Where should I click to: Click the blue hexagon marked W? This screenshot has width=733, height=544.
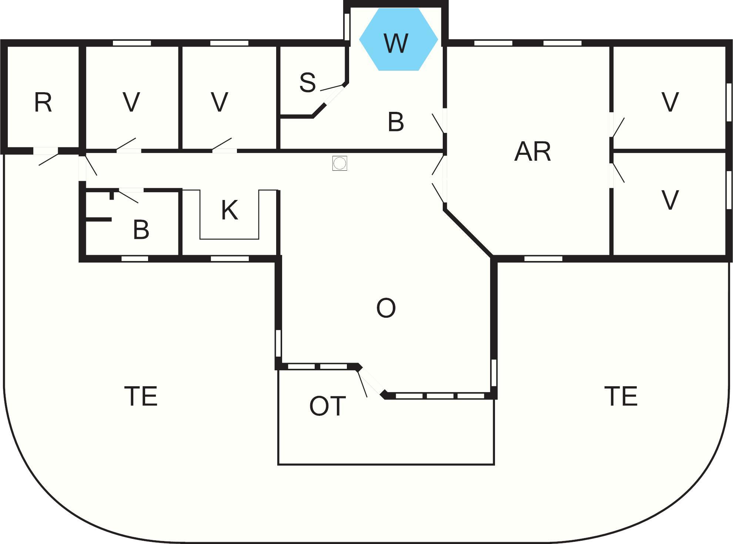[399, 39]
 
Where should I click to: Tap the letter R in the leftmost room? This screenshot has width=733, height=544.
[43, 102]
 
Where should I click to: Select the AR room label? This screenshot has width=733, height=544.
[533, 151]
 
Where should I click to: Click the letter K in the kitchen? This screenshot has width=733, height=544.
[230, 210]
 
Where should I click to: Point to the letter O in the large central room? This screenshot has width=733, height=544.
[386, 308]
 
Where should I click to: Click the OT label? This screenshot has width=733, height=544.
[328, 406]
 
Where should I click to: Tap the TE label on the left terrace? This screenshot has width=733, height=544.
[141, 396]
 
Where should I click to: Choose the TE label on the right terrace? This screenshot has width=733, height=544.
[621, 396]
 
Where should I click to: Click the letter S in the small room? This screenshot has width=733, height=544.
[308, 82]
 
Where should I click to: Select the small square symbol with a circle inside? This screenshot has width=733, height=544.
[339, 163]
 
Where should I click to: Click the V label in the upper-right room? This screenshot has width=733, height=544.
[670, 102]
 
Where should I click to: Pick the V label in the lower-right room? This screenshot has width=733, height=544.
[670, 200]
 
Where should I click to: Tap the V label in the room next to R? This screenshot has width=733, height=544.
[131, 102]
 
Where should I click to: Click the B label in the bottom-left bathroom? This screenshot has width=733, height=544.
[141, 230]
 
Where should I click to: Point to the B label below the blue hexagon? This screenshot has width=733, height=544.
[396, 122]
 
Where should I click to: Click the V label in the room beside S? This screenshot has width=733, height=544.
[220, 102]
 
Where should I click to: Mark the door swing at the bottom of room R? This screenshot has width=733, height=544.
[48, 158]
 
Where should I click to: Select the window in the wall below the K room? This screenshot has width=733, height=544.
[230, 258]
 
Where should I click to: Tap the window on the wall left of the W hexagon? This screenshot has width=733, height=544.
[347, 27]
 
